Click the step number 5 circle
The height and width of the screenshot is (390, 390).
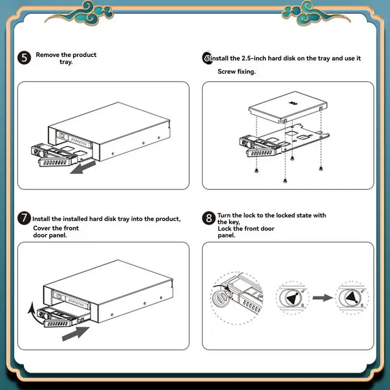click(x=24, y=58)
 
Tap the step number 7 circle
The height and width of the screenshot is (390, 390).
click(x=24, y=218)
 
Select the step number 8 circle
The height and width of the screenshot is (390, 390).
click(x=209, y=218)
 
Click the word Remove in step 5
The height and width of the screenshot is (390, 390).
click(x=47, y=55)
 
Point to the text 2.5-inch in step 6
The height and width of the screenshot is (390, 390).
click(x=253, y=58)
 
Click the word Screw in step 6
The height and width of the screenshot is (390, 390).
click(x=227, y=72)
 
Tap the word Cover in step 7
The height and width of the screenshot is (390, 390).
click(x=42, y=228)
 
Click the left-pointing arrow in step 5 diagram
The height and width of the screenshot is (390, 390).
click(x=83, y=167)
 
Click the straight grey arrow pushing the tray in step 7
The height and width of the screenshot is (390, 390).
click(x=76, y=333)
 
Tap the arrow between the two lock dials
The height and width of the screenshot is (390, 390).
click(x=323, y=298)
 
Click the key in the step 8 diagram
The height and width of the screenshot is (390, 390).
click(x=220, y=297)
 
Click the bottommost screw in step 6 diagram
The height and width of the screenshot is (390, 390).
click(x=285, y=180)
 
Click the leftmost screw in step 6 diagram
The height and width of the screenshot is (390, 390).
click(x=256, y=170)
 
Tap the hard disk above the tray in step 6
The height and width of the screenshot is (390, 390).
click(x=288, y=106)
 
